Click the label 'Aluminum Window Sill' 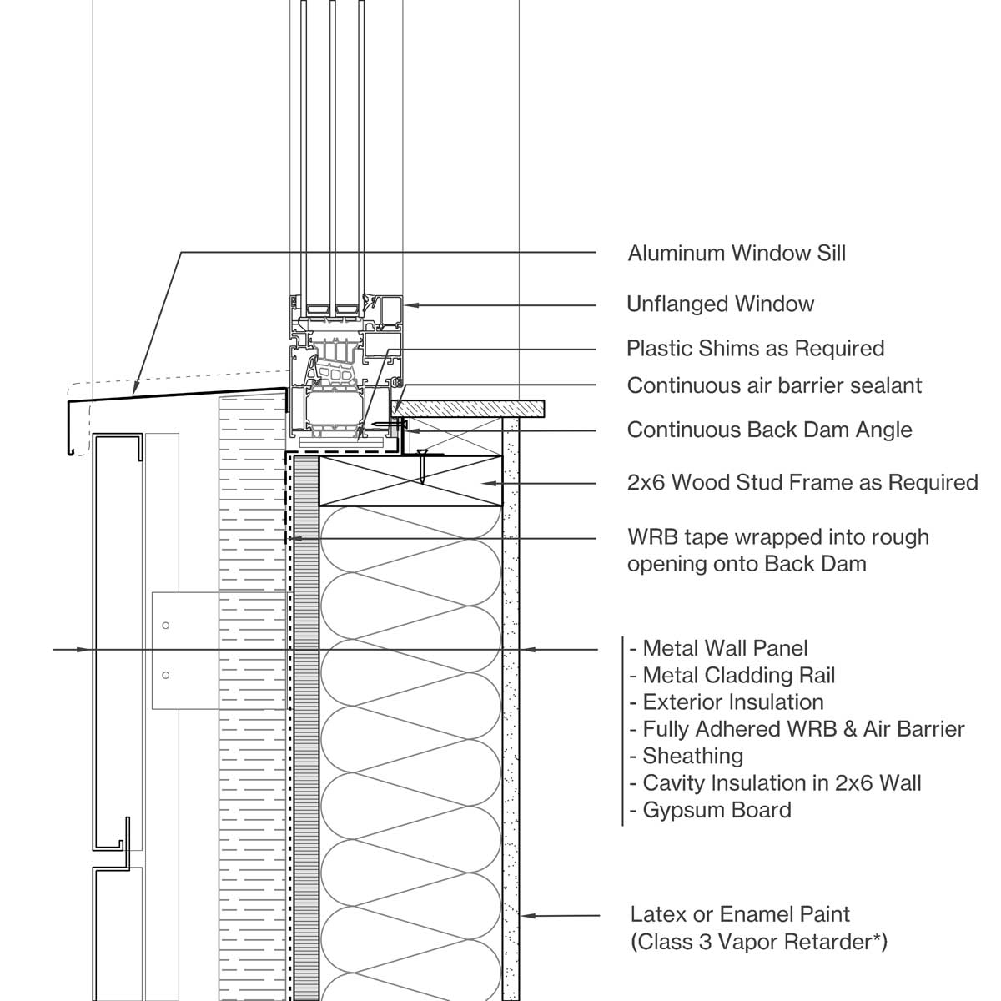[737, 254]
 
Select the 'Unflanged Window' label [720, 304]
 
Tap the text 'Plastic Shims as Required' [755, 349]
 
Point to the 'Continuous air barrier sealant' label [774, 386]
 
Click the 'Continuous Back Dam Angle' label [769, 430]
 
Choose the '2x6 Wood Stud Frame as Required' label [802, 483]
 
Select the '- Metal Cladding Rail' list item [732, 676]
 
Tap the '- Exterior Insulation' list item [726, 702]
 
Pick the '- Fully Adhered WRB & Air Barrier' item [797, 730]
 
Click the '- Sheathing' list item [686, 757]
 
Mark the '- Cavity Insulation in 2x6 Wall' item [775, 783]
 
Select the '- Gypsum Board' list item [710, 810]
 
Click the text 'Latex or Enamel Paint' [740, 915]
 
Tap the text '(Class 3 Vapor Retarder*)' [758, 943]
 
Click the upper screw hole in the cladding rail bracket [166, 626]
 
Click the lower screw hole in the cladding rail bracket [166, 676]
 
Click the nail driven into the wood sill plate [424, 467]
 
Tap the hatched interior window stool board [471, 408]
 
